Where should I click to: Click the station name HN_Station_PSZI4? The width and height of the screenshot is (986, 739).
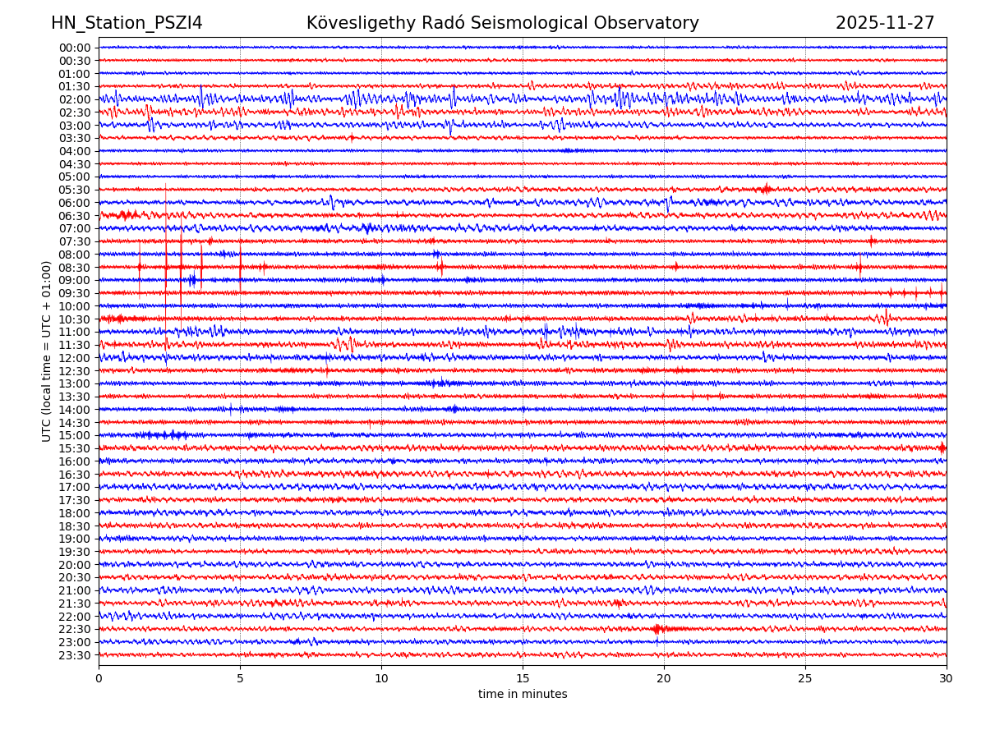(x=127, y=23)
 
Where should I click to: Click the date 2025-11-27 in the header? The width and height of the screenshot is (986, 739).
(x=885, y=23)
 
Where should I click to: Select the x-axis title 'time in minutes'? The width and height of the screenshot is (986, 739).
(x=523, y=695)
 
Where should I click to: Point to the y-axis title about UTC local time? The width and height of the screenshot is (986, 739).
(x=47, y=351)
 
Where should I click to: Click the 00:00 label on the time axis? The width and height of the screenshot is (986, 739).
(x=75, y=48)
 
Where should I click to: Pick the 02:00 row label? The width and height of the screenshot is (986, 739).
(x=75, y=99)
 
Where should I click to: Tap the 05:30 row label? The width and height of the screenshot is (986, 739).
(x=75, y=190)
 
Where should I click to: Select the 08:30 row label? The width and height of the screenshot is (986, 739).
(x=75, y=268)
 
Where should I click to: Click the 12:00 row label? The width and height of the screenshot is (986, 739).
(x=75, y=358)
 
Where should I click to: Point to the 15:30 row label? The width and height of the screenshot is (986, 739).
(x=75, y=448)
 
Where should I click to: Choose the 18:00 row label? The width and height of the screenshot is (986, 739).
(x=75, y=513)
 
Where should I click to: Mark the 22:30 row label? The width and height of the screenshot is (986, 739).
(x=75, y=630)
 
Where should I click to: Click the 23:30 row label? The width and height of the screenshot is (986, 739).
(x=75, y=655)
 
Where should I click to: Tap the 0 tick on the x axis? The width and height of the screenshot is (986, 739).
(x=99, y=678)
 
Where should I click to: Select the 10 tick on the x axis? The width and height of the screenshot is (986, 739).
(x=381, y=678)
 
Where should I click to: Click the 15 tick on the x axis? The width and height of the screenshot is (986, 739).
(x=523, y=678)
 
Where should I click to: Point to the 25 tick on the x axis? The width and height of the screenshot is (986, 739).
(x=805, y=678)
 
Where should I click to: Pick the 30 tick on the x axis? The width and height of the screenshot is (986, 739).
(x=947, y=678)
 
